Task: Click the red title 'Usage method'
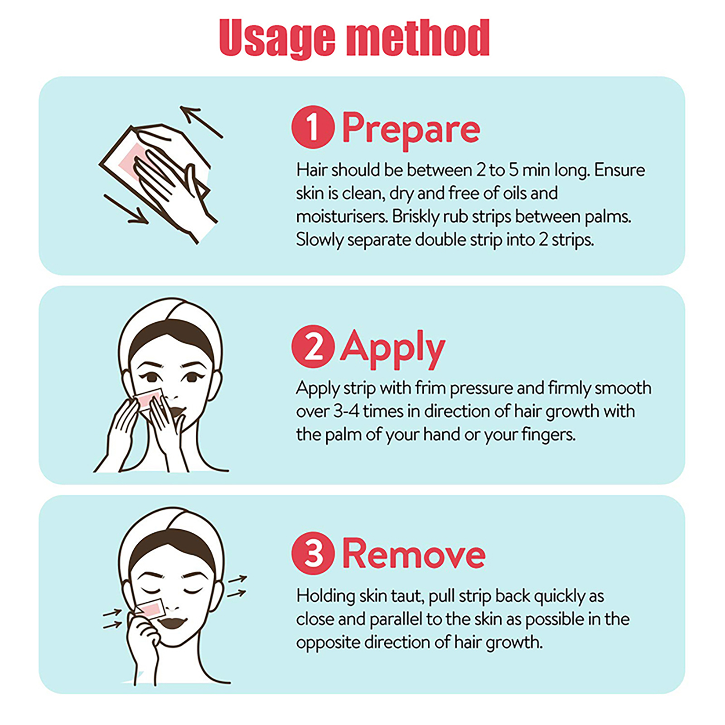354,39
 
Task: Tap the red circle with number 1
313,127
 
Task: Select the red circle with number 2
313,346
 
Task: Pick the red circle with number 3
313,554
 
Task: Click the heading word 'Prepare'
411,130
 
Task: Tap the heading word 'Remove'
414,554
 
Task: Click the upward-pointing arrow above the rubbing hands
201,121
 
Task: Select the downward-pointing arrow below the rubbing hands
126,209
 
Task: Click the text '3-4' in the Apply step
346,411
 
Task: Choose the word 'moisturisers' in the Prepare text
342,217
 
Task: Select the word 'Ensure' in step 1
619,170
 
